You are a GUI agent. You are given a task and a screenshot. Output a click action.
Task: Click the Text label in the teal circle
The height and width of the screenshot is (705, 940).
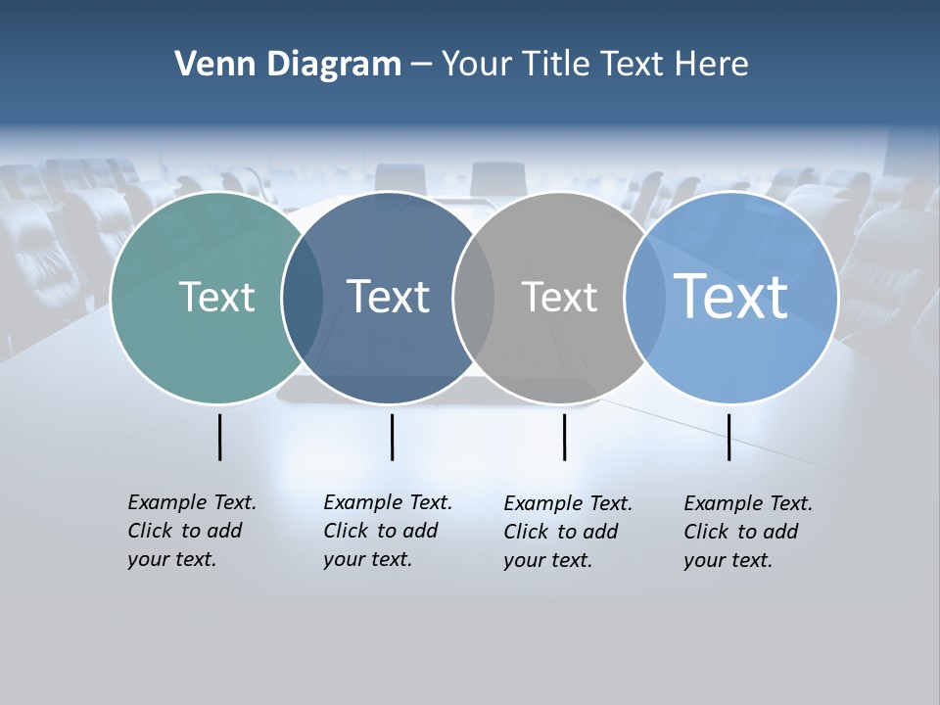[216, 297]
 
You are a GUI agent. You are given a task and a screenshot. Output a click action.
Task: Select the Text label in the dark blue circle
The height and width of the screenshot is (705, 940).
[389, 297]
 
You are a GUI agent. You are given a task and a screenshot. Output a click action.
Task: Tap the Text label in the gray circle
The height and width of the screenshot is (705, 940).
[559, 297]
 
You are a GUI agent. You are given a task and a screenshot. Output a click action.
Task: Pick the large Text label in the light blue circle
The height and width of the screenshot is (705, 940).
[731, 297]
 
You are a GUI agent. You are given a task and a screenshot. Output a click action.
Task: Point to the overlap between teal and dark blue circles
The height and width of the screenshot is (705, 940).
[303, 298]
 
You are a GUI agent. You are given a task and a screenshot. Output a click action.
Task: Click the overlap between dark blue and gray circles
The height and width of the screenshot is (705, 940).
[474, 298]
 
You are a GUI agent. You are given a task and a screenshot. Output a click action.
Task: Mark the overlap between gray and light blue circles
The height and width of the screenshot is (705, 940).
[641, 298]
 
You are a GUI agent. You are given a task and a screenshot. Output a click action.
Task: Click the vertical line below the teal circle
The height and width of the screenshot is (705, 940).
[220, 437]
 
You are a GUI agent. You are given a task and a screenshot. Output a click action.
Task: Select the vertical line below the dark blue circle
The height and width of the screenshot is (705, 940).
[392, 437]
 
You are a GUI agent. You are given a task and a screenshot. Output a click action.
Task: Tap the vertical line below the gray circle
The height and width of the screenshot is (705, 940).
[565, 437]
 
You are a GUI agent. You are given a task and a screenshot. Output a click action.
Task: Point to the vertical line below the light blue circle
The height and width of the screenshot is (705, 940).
[729, 437]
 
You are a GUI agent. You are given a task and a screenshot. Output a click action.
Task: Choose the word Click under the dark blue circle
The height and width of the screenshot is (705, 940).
[346, 531]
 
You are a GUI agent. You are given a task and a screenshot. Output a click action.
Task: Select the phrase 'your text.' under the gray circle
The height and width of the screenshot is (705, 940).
[548, 560]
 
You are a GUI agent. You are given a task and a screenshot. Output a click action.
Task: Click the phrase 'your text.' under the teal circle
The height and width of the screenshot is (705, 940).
[171, 560]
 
